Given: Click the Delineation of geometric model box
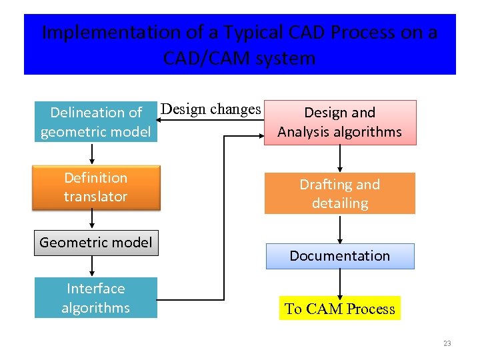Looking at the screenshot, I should pyautogui.click(x=96, y=122).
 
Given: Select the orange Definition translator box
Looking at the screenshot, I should pyautogui.click(x=95, y=187).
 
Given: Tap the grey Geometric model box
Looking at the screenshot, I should pyautogui.click(x=95, y=243).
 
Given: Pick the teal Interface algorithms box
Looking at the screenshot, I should pyautogui.click(x=95, y=298).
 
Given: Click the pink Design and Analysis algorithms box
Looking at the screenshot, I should pyautogui.click(x=339, y=122).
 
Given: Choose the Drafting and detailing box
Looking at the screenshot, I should pyautogui.click(x=339, y=193).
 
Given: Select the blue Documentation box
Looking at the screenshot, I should pyautogui.click(x=339, y=256).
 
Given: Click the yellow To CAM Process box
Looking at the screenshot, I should pyautogui.click(x=339, y=309).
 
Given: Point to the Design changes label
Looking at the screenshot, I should pyautogui.click(x=211, y=109).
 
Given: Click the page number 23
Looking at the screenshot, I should pyautogui.click(x=447, y=343).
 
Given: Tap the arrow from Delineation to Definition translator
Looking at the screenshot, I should pyautogui.click(x=93, y=153).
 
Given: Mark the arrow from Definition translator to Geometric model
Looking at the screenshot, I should pyautogui.click(x=93, y=221).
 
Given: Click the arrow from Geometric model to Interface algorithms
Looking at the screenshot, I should pyautogui.click(x=93, y=266).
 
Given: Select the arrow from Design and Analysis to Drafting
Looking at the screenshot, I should pyautogui.click(x=341, y=159).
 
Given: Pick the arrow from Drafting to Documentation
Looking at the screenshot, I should pyautogui.click(x=341, y=229).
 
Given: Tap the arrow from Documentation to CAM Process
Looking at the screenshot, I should pyautogui.click(x=341, y=283).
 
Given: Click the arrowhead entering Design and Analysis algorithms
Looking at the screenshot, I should pyautogui.click(x=261, y=136).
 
